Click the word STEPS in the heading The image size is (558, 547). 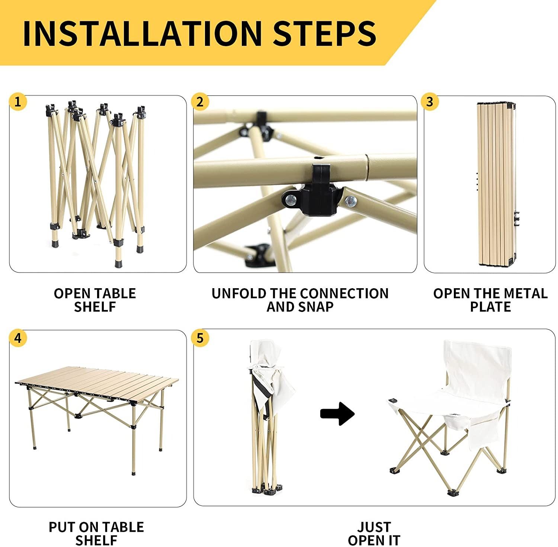coord(325,33)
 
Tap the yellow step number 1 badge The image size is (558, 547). coord(18,101)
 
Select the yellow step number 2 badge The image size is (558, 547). coord(200,102)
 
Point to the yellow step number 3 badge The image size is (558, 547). coord(430,102)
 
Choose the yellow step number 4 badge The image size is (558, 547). coord(18,338)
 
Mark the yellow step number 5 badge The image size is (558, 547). coord(200,338)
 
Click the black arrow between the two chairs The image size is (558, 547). coord(337,413)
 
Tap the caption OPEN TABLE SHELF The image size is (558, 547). coord(95,300)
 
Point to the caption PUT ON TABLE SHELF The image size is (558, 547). coord(96,534)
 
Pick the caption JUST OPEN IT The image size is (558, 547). coord(374,534)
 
